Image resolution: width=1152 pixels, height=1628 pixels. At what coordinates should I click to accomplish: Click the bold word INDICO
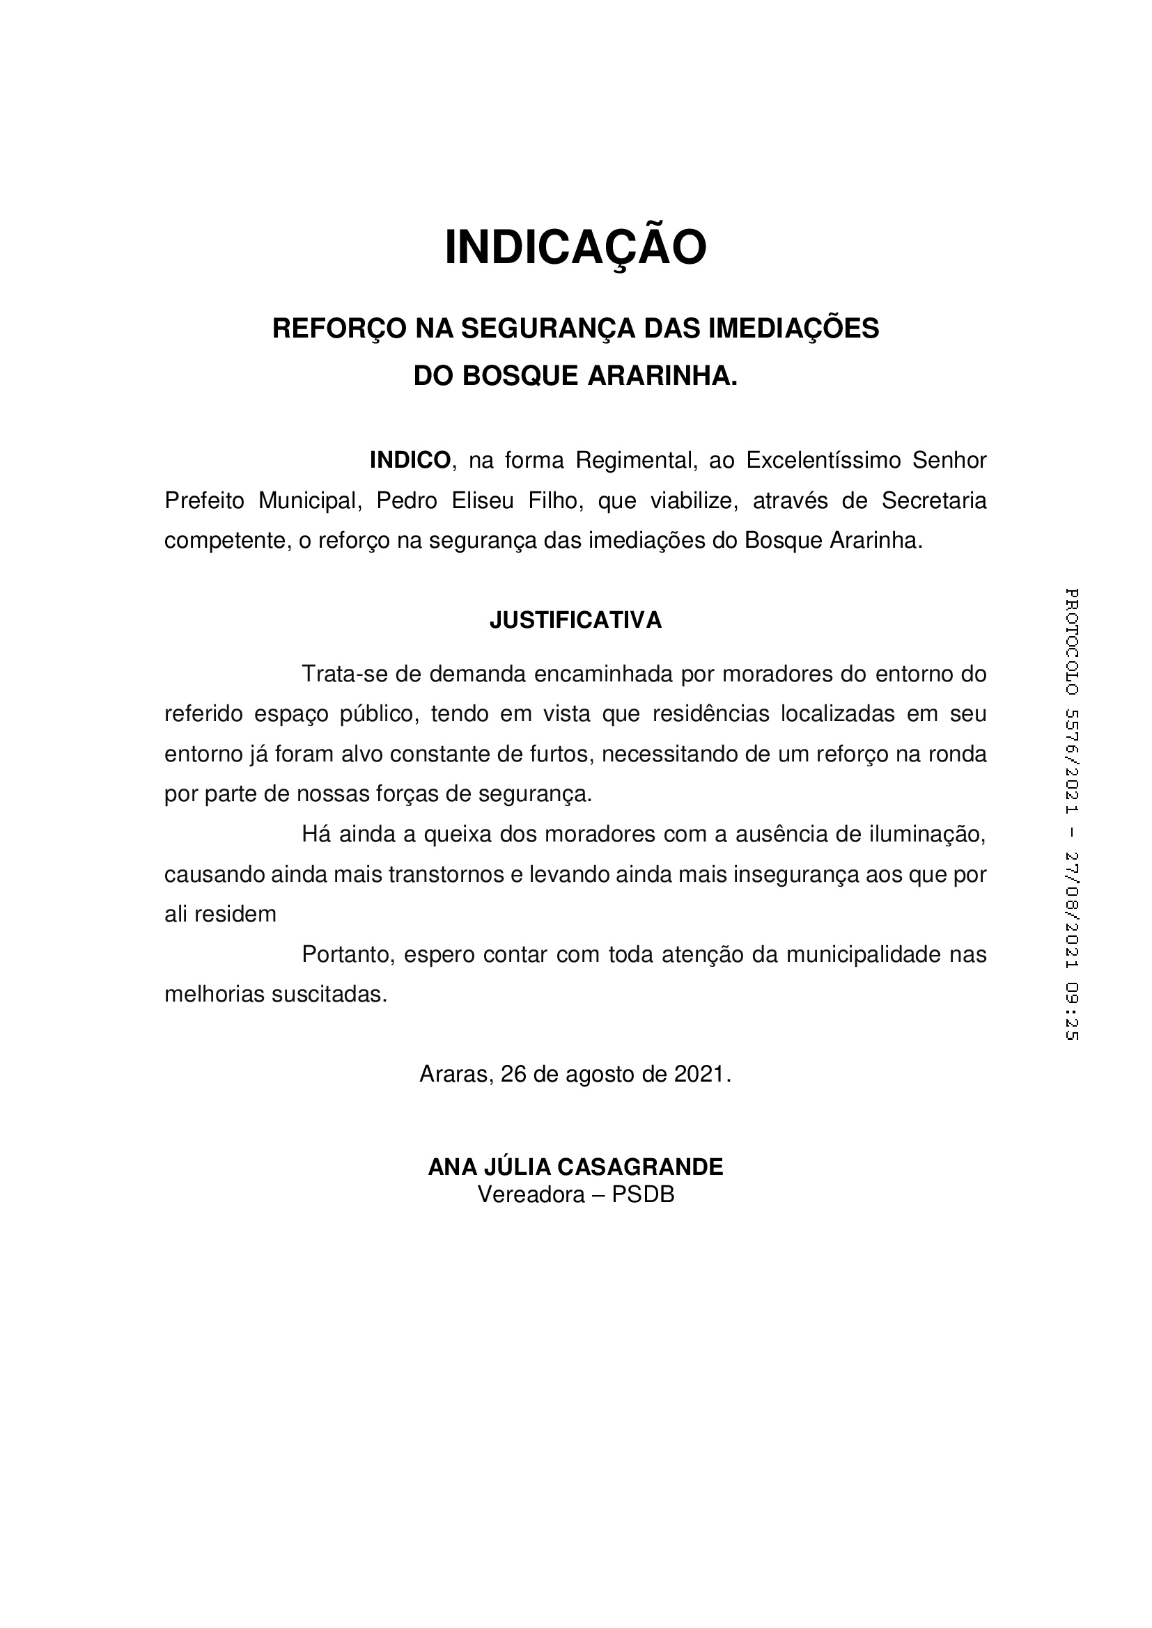pyautogui.click(x=410, y=460)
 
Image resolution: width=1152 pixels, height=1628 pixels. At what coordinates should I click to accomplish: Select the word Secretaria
pyautogui.click(x=933, y=500)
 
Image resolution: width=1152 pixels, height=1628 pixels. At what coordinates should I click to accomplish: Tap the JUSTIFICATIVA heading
pyautogui.click(x=575, y=619)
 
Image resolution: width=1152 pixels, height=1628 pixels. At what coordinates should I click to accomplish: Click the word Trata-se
pyautogui.click(x=344, y=674)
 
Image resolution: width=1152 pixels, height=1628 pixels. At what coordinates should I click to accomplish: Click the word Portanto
pyautogui.click(x=348, y=954)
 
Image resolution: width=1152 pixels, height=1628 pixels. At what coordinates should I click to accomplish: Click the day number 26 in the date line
pyautogui.click(x=513, y=1074)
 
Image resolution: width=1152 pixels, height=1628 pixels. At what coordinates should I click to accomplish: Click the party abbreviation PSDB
pyautogui.click(x=643, y=1195)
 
